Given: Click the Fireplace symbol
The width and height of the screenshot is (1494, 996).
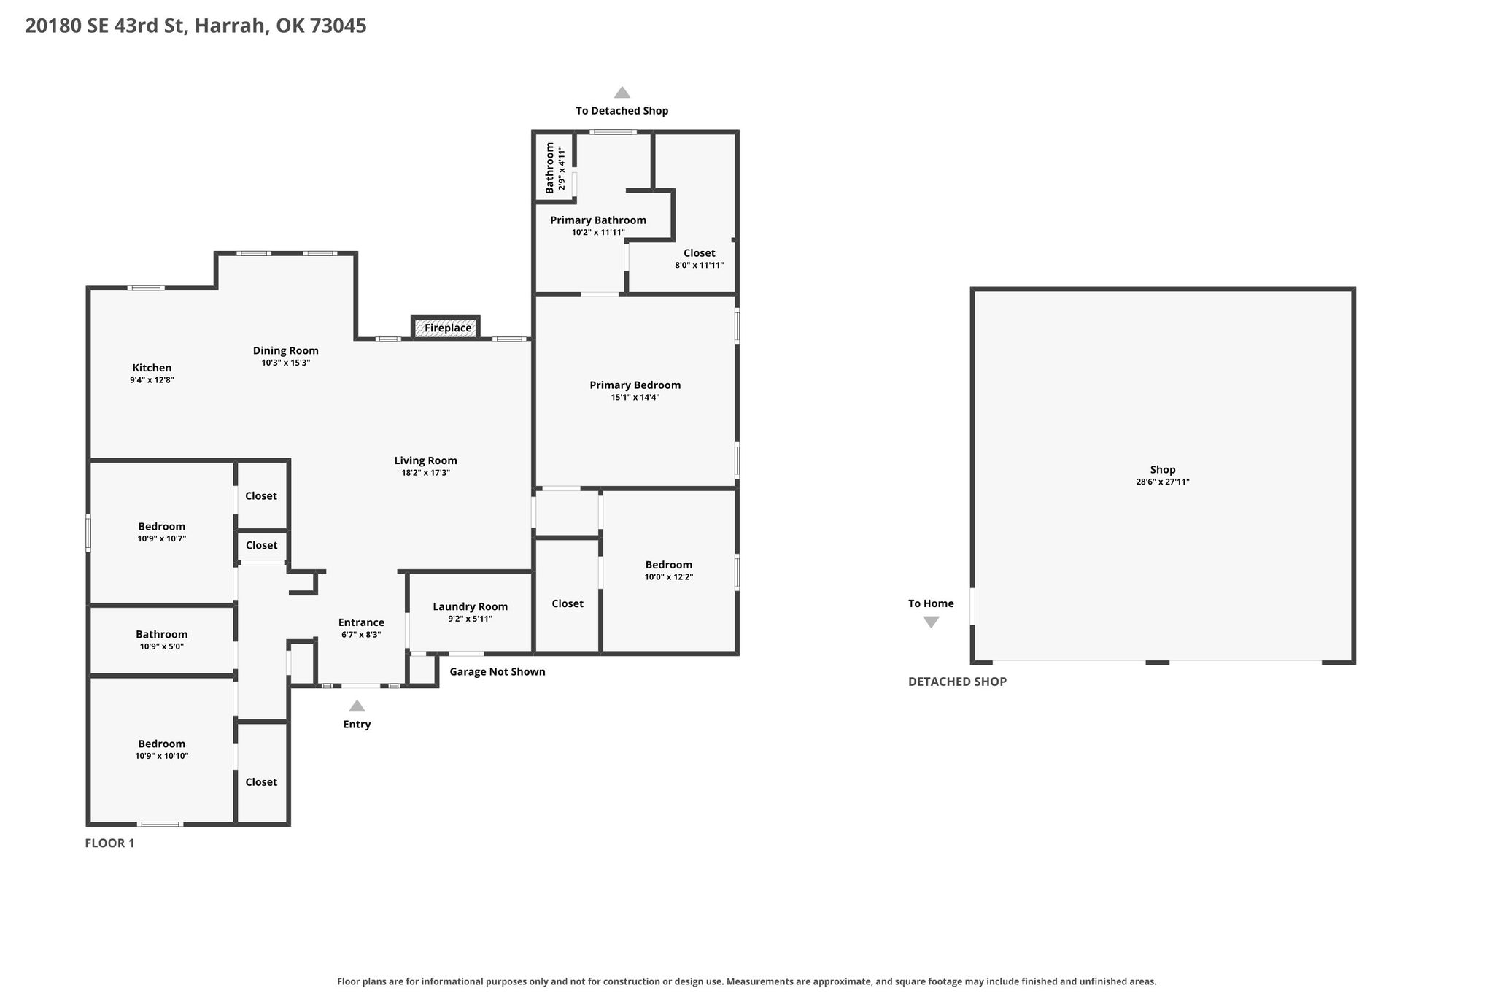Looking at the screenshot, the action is coord(446,328).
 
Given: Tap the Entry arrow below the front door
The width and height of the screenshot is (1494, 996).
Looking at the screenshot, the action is coord(357,706).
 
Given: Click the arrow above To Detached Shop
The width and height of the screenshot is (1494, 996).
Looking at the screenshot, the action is coord(622,92).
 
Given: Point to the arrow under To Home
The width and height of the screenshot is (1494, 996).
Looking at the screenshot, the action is coord(931,622).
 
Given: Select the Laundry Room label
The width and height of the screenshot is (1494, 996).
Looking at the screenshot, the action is coord(471,606).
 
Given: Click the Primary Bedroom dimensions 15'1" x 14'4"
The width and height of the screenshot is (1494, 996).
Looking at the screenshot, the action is coord(635,398).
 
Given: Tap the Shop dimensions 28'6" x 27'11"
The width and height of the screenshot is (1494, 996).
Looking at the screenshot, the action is coord(1163,482).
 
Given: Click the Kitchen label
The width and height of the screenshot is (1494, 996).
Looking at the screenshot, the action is coord(152,368).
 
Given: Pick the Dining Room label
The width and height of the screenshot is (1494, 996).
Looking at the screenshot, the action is coord(286,350).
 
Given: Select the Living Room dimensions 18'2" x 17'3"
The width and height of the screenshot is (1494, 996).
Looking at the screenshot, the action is coord(425,473).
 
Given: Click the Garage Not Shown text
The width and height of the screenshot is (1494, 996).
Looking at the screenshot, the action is coord(498,671).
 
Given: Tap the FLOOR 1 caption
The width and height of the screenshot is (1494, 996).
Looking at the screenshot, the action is coord(110,843).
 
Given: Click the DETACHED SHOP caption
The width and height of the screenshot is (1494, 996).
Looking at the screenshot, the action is coord(957,682).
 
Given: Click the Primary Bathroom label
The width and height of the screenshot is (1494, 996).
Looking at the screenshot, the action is coord(598,220).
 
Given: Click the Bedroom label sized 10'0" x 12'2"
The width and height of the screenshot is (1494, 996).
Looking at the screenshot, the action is coord(669,565).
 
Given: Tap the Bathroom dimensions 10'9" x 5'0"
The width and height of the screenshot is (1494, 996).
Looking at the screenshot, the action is coord(162,646).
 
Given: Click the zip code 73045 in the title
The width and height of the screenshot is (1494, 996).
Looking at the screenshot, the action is coord(338,26).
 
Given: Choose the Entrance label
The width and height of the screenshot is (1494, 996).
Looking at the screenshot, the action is coord(361,622).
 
